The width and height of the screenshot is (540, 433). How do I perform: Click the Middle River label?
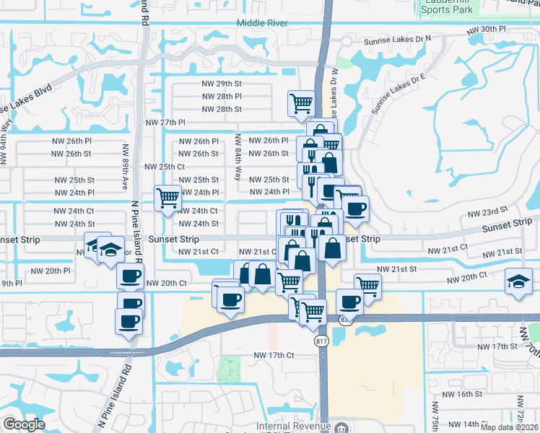(x=262, y=23)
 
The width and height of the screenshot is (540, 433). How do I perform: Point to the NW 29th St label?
(x=222, y=84)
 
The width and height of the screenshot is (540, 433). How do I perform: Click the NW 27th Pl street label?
(x=163, y=123)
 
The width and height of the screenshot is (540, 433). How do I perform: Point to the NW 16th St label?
(x=463, y=394)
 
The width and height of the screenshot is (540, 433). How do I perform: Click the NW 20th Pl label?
(x=51, y=271)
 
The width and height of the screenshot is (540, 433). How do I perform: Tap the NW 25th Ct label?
(x=165, y=166)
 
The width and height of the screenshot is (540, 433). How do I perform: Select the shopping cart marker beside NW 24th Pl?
(x=167, y=197)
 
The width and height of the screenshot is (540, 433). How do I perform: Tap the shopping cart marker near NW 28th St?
(x=300, y=102)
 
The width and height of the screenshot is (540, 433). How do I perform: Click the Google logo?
(x=24, y=424)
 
